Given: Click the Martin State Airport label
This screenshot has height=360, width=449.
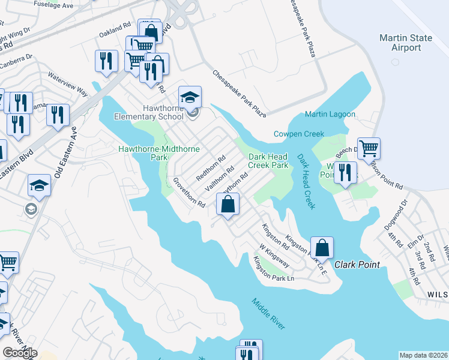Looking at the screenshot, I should [405, 43].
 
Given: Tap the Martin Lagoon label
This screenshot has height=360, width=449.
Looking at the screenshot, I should [330, 114].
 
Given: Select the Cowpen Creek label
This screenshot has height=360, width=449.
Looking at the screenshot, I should [299, 134].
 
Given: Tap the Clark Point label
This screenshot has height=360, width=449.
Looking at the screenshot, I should [355, 264].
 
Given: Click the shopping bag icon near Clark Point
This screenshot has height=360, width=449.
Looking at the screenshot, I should [322, 247].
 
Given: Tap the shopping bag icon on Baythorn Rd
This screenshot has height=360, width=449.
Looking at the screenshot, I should [228, 205].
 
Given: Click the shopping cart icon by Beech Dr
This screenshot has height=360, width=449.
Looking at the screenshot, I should [369, 148].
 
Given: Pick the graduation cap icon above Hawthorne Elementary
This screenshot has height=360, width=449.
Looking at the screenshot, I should [190, 97].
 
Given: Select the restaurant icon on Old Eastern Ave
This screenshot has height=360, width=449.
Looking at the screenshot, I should [58, 115].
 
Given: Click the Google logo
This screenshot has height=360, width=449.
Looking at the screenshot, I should [20, 353].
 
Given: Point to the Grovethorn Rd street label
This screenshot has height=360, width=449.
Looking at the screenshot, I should [190, 193].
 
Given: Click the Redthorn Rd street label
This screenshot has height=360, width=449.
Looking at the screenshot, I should [210, 169].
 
